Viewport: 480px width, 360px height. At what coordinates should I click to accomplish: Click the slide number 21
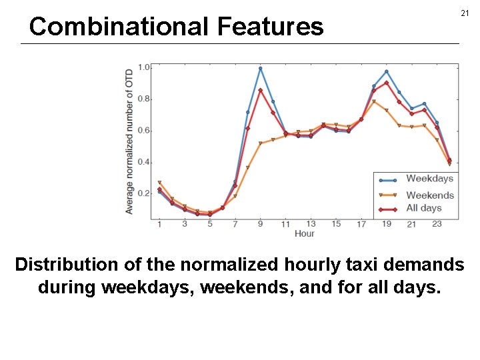[x=464, y=14]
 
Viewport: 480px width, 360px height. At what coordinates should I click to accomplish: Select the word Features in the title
[x=270, y=27]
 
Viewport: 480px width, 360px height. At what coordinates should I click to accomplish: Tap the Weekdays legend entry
[x=429, y=179]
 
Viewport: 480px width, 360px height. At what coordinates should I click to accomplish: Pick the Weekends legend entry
[x=429, y=195]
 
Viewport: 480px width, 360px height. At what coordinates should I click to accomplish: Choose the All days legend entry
[x=424, y=208]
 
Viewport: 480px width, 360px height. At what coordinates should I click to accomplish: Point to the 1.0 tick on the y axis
[x=144, y=67]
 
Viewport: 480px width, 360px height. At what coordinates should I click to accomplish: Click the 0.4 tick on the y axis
[x=144, y=163]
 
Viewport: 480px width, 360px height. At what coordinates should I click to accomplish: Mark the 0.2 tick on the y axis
[x=144, y=194]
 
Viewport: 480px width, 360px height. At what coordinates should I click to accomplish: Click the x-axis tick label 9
[x=260, y=224]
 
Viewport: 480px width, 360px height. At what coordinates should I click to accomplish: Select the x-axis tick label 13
[x=311, y=224]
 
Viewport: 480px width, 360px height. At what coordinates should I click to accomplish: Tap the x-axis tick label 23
[x=437, y=224]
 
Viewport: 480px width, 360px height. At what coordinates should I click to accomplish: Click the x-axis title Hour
[x=304, y=233]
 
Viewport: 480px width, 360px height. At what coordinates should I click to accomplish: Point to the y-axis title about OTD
[x=129, y=141]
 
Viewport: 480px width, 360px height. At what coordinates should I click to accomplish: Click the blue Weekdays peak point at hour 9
[x=260, y=68]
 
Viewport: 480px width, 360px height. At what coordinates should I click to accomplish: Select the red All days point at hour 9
[x=260, y=90]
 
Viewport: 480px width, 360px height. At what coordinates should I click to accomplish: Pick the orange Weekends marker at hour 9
[x=260, y=143]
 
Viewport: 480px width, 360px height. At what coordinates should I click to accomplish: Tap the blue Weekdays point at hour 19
[x=387, y=71]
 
